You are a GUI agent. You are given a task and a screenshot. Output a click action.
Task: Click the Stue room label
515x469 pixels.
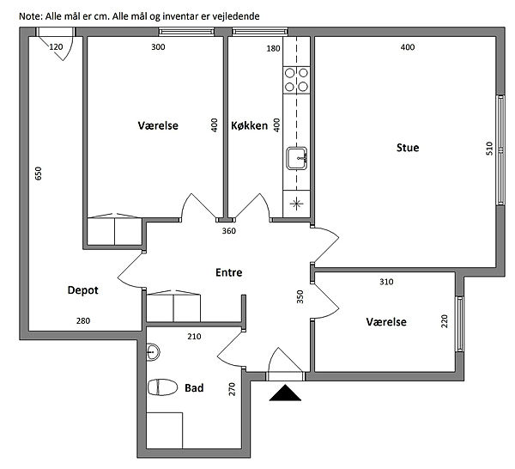coord(408,148)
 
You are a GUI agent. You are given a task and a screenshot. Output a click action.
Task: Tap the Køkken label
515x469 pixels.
coord(249,125)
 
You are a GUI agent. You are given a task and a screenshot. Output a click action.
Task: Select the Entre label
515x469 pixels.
coord(229,272)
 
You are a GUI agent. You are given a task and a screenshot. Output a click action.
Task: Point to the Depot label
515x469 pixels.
coord(82,290)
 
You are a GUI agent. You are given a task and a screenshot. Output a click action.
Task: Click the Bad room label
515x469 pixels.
coord(194,387)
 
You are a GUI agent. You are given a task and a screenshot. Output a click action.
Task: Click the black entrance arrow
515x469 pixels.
coord(285,393)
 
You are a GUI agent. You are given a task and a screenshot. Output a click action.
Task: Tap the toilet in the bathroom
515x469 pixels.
coord(162,387)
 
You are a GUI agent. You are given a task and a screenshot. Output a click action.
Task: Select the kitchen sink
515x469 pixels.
coord(297,158)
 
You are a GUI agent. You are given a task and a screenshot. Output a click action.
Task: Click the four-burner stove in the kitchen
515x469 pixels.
coord(296,80)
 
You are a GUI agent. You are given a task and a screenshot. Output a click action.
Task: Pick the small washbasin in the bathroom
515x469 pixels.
coord(153,352)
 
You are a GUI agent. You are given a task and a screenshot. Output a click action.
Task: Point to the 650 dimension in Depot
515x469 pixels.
coord(39,174)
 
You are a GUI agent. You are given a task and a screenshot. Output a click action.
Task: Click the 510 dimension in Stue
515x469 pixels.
coord(489,149)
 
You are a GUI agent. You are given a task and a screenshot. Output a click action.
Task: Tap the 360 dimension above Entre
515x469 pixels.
coord(229,231)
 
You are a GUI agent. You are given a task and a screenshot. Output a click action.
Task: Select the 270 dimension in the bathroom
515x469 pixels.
coord(233,389)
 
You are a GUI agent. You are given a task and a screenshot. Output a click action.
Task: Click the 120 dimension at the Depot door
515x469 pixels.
coord(56,47)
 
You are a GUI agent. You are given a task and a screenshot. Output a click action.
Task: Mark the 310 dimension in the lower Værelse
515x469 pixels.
coord(386,282)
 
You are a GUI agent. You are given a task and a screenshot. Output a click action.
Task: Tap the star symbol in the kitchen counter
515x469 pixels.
coord(297,204)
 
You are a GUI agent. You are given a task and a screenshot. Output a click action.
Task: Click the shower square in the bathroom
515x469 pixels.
coord(164,430)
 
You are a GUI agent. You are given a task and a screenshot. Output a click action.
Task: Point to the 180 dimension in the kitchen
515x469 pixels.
coord(273,49)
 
